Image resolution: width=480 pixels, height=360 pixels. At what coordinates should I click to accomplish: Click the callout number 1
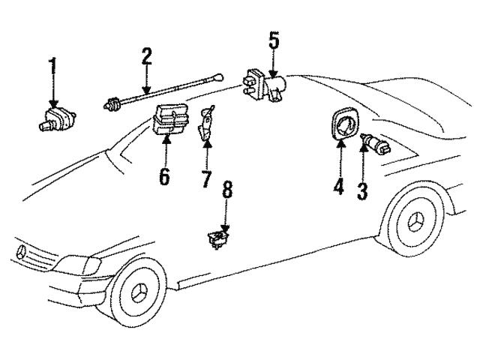click(52, 71)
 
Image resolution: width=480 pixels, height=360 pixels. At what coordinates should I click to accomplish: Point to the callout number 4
click(338, 183)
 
